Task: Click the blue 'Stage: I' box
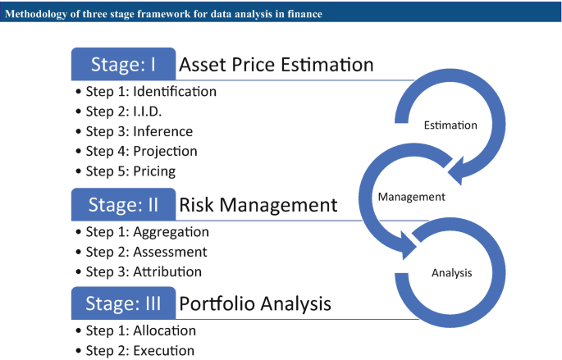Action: (x=123, y=64)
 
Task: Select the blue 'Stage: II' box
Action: (x=123, y=204)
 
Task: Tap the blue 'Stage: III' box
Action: (x=123, y=303)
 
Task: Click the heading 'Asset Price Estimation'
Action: (x=276, y=65)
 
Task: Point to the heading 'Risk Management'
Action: (x=258, y=205)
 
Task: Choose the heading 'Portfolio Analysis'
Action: (x=255, y=304)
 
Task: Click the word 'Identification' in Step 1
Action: (x=175, y=92)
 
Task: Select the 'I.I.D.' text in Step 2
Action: (x=148, y=112)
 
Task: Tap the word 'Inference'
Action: (x=163, y=131)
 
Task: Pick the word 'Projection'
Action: (x=165, y=152)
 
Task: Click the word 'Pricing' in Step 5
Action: (x=154, y=171)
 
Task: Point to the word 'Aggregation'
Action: (x=171, y=232)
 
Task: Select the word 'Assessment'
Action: (x=171, y=253)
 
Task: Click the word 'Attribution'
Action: (x=167, y=272)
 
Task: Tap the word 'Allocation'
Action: (x=165, y=330)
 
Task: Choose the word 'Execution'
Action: (x=164, y=351)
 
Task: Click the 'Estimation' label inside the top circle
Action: (x=450, y=125)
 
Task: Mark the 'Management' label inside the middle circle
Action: (x=412, y=197)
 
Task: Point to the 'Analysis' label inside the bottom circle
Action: (x=451, y=273)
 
